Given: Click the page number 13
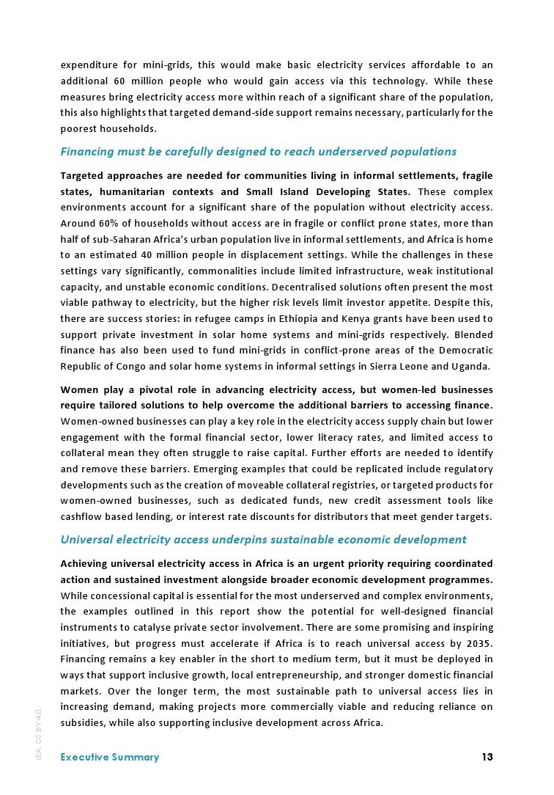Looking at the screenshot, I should [x=487, y=757].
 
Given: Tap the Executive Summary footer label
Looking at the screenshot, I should [x=109, y=757].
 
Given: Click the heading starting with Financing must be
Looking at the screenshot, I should [x=258, y=152].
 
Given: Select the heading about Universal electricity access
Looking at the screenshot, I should [x=263, y=540].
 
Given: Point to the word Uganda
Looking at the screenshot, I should [x=470, y=367].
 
